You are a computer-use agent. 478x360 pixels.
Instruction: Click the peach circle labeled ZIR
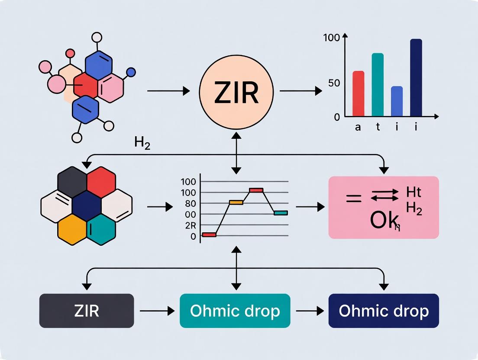click(x=236, y=92)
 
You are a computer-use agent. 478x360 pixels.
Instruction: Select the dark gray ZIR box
click(x=87, y=311)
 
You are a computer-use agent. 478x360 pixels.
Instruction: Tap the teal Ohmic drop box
click(x=235, y=311)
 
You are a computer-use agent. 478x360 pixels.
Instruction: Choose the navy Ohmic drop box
click(x=384, y=311)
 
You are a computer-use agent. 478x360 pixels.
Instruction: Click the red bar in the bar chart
click(x=358, y=94)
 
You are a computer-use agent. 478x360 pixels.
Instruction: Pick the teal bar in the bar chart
click(x=378, y=85)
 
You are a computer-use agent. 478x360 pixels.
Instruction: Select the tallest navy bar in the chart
click(x=416, y=78)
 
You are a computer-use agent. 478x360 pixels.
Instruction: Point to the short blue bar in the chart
click(x=397, y=102)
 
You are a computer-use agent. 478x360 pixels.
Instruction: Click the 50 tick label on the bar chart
click(x=334, y=83)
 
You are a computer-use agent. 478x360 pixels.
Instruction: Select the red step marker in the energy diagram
click(x=209, y=235)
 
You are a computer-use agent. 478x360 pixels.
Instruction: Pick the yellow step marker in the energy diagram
click(x=236, y=202)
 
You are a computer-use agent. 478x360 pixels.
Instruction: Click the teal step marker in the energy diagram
click(x=281, y=212)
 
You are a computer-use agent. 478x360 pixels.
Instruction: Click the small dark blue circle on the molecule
click(x=131, y=72)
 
